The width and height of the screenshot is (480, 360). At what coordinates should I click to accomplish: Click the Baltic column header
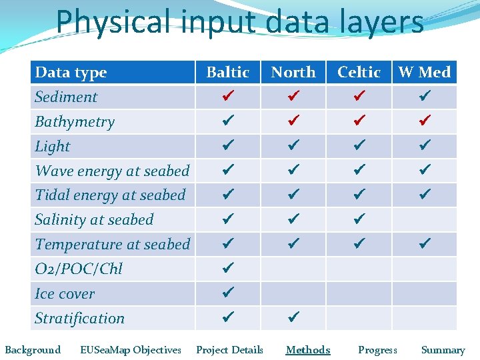point(227,72)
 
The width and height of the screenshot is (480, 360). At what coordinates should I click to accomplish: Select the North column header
point(293,72)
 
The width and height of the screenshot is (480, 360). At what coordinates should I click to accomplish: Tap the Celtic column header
point(359,72)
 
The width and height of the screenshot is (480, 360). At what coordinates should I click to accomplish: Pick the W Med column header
point(425,72)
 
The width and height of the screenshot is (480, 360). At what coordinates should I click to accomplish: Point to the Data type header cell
point(71,72)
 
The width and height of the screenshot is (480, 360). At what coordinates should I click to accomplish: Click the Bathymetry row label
point(75,122)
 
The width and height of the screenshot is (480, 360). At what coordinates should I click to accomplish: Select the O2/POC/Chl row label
point(79,269)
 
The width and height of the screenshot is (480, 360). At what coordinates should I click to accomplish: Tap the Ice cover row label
point(65,294)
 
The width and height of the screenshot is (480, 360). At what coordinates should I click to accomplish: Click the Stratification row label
point(79,319)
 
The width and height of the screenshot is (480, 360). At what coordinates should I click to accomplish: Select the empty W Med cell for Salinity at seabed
point(425,219)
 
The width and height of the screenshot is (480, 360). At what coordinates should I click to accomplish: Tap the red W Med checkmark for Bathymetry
point(425,121)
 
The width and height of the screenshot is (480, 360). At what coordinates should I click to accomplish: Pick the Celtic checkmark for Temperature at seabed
point(359,244)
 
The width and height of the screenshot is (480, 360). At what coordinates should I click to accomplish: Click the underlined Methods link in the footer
point(308,350)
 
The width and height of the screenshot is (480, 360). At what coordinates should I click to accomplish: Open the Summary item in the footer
point(443,350)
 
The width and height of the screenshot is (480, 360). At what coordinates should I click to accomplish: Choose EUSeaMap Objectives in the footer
point(130,350)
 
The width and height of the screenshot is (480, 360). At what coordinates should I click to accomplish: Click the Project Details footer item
point(229,350)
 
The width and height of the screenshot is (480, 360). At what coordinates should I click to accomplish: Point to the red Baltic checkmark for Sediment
point(227,97)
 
